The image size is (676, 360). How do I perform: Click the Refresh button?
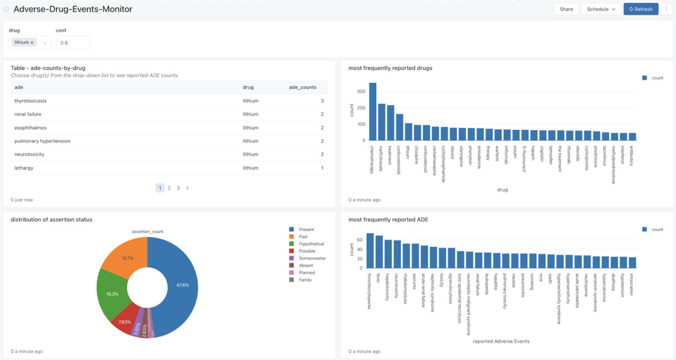[641, 9]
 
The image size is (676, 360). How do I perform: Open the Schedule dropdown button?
[601, 9]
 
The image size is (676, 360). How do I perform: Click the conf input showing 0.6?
[72, 43]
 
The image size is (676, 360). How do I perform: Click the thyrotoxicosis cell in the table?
[30, 101]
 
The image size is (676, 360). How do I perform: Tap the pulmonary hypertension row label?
[42, 141]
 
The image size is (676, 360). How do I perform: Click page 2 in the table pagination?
[169, 188]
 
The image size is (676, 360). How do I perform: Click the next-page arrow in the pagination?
[187, 188]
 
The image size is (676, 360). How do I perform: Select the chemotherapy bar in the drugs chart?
[373, 112]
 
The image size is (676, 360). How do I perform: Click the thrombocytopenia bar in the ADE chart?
[370, 251]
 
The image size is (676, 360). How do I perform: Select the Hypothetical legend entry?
[311, 244]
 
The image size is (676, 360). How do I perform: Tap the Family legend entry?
[305, 280]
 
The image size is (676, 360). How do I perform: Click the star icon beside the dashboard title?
[7, 9]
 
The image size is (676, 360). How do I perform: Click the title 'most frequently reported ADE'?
[388, 220]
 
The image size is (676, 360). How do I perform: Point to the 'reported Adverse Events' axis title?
[501, 341]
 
